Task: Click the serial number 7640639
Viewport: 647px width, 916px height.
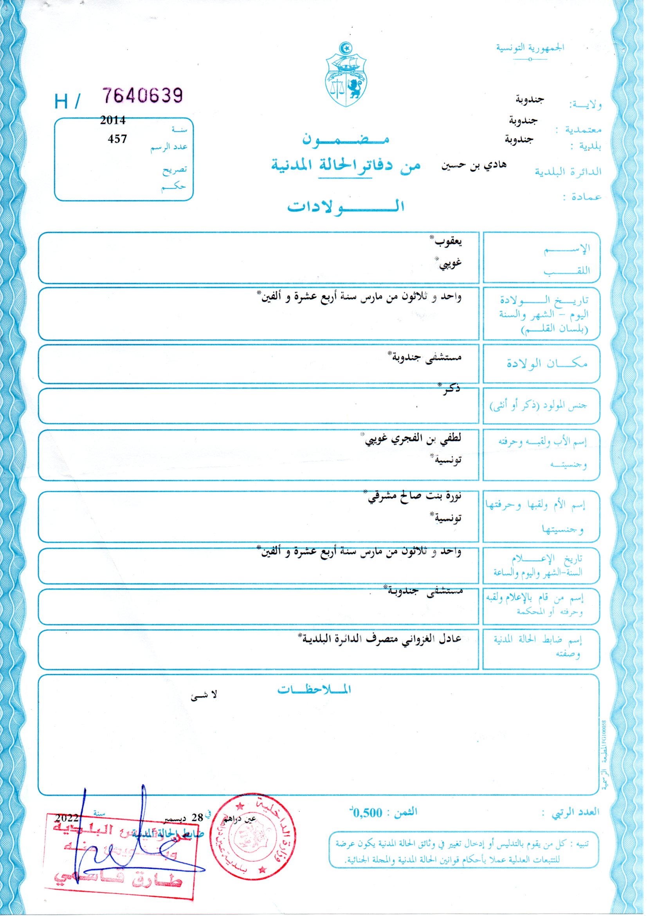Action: coord(143,95)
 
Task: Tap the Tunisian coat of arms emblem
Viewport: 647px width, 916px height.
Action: coord(346,74)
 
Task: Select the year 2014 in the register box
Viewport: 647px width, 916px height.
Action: coord(113,120)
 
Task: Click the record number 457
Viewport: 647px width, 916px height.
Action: coord(117,139)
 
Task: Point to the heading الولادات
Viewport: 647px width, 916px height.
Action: coord(346,206)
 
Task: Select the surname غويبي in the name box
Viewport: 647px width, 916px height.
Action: coord(450,262)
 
